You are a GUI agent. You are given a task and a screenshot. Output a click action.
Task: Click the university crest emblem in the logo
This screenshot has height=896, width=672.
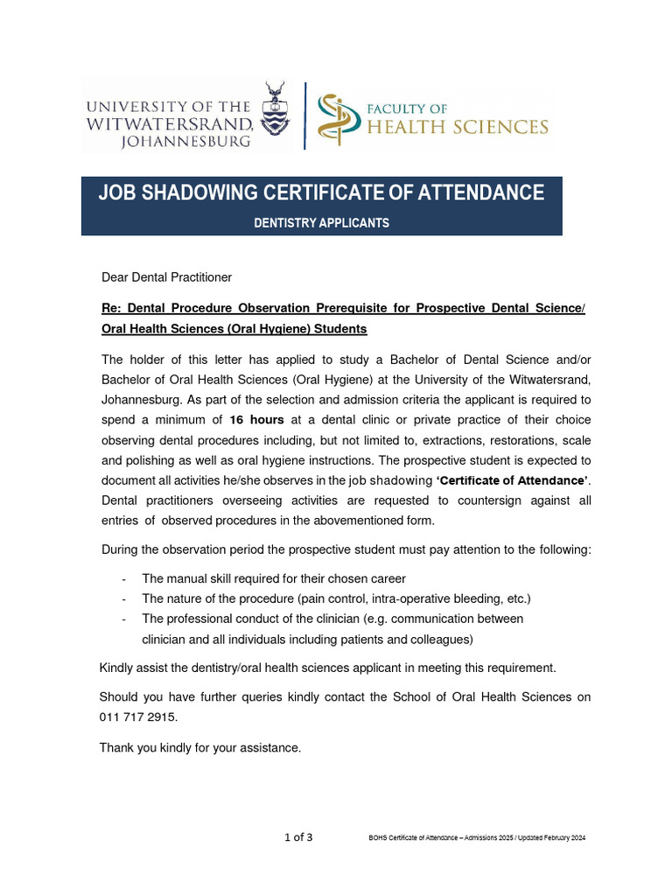pos(278,114)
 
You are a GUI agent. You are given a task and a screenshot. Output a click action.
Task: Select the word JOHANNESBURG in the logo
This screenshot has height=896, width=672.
pos(185,140)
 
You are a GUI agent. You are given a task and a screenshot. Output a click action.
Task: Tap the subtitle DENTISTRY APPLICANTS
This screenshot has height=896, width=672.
pos(321,223)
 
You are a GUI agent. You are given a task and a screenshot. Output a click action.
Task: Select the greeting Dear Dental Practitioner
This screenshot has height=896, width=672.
pos(166,277)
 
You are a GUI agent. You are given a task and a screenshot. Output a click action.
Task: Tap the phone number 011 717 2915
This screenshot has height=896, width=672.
pos(137,717)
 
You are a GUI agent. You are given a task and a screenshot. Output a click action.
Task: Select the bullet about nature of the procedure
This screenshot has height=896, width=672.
pos(336,598)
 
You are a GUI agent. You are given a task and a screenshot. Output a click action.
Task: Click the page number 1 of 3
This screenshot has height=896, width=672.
pos(298,837)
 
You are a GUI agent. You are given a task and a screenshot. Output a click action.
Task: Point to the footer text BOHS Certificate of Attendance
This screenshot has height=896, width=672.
pos(477,838)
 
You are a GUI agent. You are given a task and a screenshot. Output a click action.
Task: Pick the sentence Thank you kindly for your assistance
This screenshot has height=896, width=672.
pos(199,747)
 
